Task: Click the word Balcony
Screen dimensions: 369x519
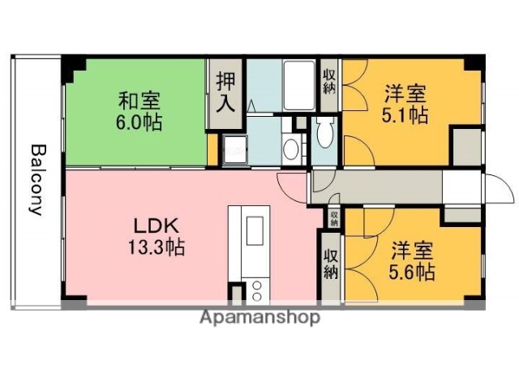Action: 36,179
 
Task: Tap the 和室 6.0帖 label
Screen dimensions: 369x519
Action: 139,112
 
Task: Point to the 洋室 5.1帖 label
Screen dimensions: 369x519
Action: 405,104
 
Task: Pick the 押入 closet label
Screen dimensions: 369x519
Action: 225,92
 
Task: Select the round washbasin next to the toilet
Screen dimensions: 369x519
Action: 291,148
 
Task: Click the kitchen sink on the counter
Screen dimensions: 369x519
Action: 254,228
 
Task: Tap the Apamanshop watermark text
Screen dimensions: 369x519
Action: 259,317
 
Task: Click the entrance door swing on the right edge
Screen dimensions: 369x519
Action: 499,188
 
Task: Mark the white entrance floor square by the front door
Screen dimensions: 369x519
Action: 461,187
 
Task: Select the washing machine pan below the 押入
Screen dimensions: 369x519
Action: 236,148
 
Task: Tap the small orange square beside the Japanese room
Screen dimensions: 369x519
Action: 212,148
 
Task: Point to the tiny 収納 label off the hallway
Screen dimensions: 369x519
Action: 333,217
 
